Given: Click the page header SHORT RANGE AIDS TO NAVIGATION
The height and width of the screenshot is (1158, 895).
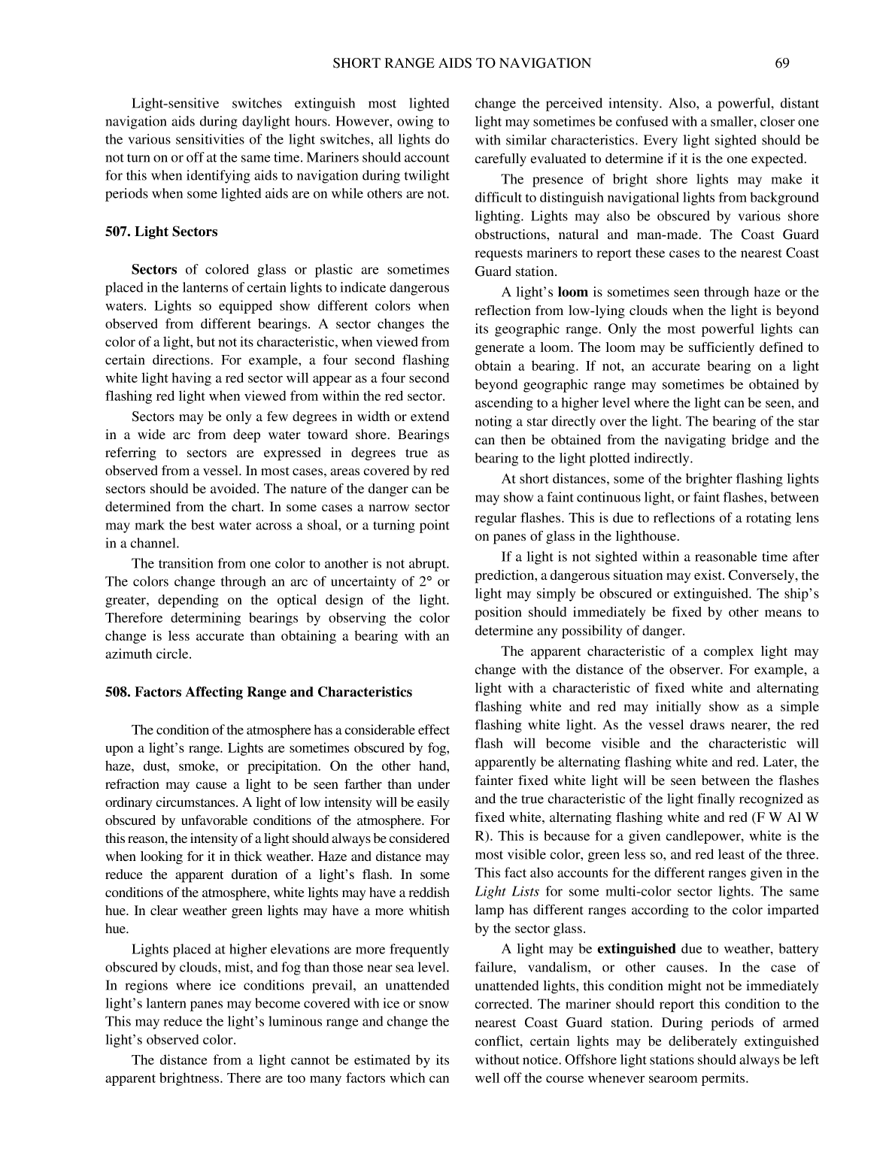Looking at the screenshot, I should click(x=461, y=63).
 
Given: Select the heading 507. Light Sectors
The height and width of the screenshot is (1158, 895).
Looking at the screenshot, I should click(x=161, y=232).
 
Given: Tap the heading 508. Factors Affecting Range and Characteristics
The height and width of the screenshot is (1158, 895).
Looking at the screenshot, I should click(x=258, y=692).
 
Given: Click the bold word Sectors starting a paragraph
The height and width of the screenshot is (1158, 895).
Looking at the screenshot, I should click(x=154, y=269).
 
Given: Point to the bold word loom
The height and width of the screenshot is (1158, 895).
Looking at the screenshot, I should click(x=572, y=293).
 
